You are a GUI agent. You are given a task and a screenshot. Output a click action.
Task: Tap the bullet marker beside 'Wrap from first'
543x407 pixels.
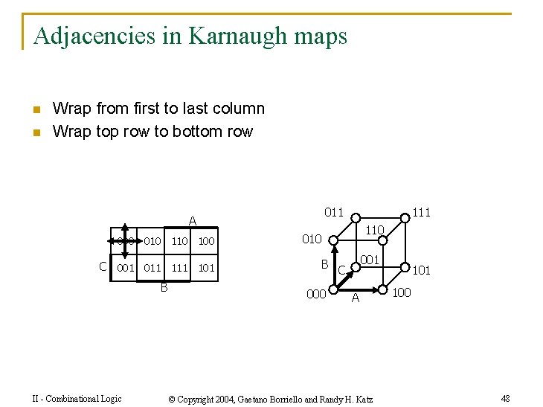tap(36, 110)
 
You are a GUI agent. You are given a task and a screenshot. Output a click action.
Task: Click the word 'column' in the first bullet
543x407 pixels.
tap(240, 109)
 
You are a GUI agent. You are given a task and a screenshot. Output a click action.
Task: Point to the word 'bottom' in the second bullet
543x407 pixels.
tap(196, 132)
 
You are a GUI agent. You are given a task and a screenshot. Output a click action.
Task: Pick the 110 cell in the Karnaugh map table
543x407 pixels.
tap(179, 241)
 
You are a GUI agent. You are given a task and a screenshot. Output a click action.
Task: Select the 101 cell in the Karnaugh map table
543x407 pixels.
tap(206, 268)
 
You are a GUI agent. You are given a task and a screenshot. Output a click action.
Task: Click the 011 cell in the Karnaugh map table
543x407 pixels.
tap(152, 268)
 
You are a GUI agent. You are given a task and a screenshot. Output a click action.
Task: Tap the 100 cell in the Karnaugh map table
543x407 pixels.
tap(206, 241)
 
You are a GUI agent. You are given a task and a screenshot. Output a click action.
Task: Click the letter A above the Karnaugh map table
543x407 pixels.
tap(192, 222)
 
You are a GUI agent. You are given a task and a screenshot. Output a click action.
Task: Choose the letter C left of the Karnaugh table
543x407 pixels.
tap(103, 266)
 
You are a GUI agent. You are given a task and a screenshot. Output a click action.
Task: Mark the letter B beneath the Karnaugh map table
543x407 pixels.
tap(164, 287)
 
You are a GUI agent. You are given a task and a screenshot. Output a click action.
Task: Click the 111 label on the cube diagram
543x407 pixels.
tap(421, 213)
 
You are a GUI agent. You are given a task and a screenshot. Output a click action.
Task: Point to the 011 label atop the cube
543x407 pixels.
tap(334, 213)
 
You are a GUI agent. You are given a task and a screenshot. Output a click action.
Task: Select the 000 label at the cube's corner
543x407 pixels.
tap(316, 295)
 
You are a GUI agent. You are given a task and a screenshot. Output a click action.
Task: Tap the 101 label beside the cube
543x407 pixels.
tap(421, 270)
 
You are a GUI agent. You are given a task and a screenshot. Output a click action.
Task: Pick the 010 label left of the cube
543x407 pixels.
tap(311, 239)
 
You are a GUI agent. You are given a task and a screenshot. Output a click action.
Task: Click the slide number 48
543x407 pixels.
tap(505, 399)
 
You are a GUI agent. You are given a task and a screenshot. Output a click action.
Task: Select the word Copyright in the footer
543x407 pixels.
tap(202, 400)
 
